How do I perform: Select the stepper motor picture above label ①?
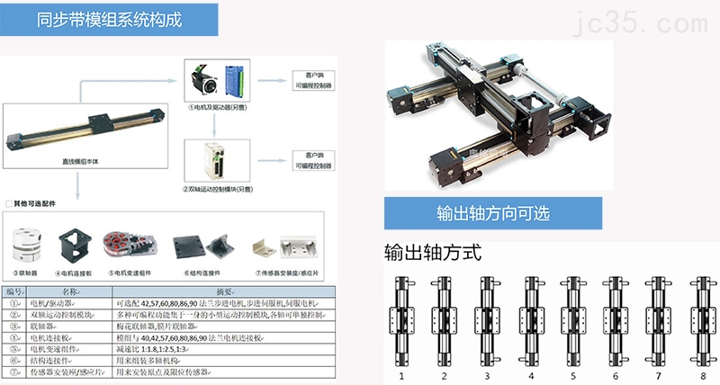click(x=202, y=79)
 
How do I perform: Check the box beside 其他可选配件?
click(x=9, y=203)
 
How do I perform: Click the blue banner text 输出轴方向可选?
click(x=493, y=214)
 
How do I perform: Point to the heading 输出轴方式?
click(x=432, y=253)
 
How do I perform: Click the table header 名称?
click(x=70, y=292)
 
